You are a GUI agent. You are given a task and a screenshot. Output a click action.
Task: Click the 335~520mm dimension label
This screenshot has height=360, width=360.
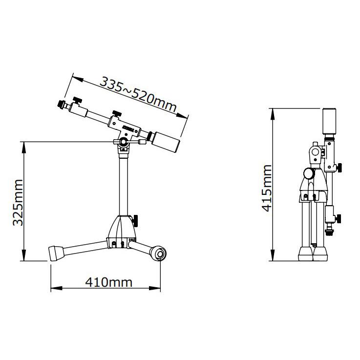pyautogui.click(x=138, y=94)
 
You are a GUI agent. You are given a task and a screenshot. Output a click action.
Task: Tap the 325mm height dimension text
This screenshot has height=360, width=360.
pyautogui.click(x=18, y=203)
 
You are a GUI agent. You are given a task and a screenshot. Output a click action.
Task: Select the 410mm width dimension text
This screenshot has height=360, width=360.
pyautogui.click(x=108, y=282)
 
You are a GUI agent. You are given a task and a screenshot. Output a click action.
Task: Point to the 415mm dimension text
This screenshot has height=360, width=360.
pyautogui.click(x=267, y=188)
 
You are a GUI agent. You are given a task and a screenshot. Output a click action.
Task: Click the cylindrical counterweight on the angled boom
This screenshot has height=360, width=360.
pyautogui.click(x=166, y=142)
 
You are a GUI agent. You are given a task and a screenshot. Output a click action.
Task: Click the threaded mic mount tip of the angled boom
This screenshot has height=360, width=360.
pyautogui.click(x=61, y=104)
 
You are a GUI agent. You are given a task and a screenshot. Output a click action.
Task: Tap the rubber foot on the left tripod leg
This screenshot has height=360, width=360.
pyautogui.click(x=56, y=253)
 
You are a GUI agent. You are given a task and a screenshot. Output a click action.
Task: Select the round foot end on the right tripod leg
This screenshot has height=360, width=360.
pyautogui.click(x=158, y=253)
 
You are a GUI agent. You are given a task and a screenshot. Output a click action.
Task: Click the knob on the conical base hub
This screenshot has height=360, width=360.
pyautogui.click(x=135, y=221)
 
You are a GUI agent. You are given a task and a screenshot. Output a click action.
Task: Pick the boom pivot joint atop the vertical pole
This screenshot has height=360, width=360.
pyautogui.click(x=124, y=142)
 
